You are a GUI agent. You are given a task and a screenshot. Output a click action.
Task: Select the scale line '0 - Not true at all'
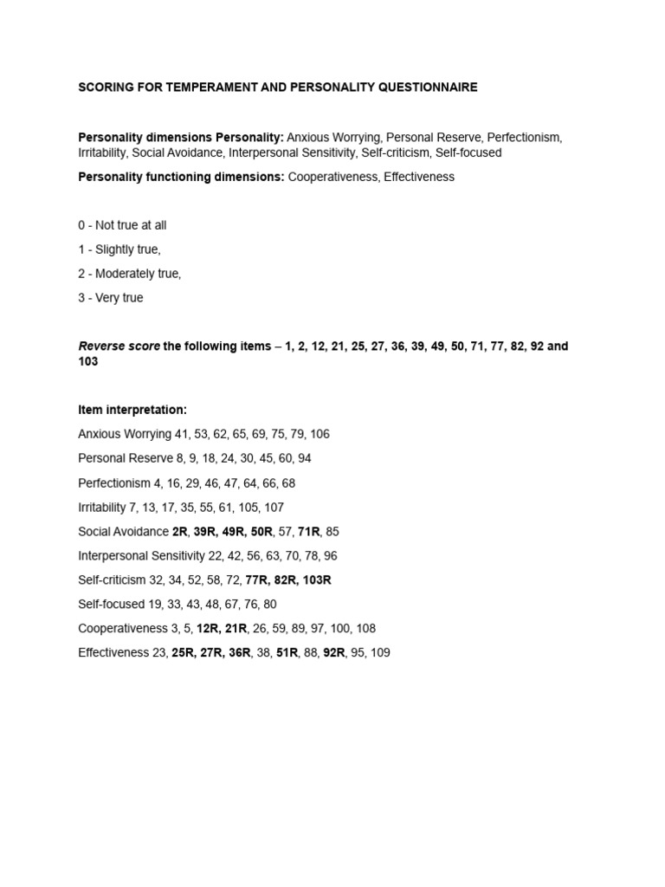pyautogui.click(x=122, y=225)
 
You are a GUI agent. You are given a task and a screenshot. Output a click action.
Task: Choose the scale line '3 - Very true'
pyautogui.click(x=111, y=298)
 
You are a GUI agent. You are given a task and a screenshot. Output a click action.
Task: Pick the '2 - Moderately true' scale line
pyautogui.click(x=129, y=274)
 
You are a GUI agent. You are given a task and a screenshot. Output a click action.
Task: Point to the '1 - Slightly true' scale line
pyautogui.click(x=119, y=249)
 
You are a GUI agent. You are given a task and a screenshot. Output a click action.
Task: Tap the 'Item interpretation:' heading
pyautogui.click(x=132, y=410)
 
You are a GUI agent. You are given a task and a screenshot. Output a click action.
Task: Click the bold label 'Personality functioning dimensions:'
pyautogui.click(x=181, y=177)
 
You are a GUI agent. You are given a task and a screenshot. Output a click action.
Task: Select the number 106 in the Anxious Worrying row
pyautogui.click(x=320, y=434)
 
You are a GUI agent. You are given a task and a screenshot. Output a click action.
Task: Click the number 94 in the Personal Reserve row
pyautogui.click(x=303, y=458)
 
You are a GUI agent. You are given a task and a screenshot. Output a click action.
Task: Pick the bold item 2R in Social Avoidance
pyautogui.click(x=180, y=531)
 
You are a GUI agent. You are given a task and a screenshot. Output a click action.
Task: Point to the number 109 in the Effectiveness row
pyautogui.click(x=379, y=652)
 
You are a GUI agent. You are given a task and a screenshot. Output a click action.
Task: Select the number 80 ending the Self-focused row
pyautogui.click(x=269, y=604)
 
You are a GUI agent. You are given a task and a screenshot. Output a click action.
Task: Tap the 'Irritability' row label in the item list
pyautogui.click(x=102, y=507)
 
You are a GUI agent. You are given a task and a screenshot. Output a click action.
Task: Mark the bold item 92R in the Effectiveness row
pyautogui.click(x=334, y=652)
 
